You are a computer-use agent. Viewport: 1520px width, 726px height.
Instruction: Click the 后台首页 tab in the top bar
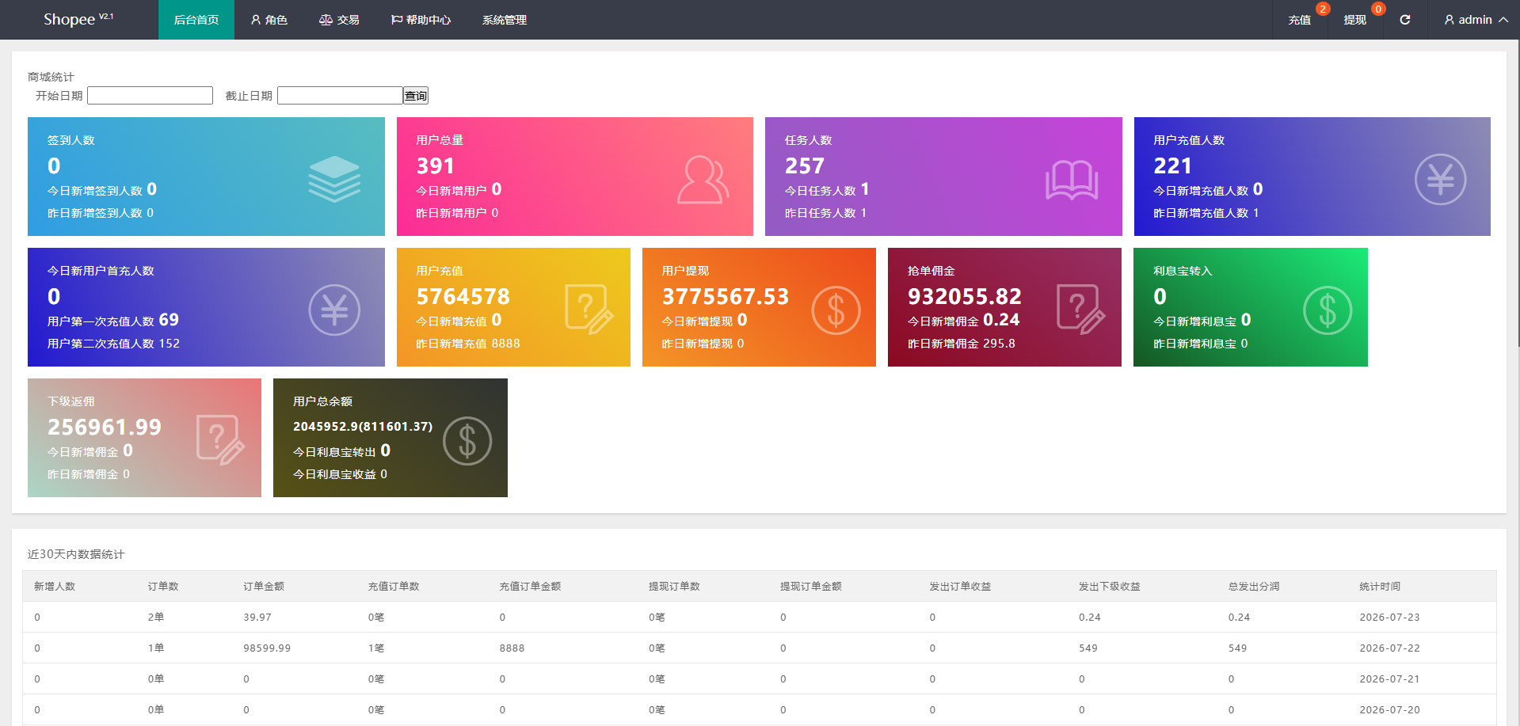click(x=196, y=20)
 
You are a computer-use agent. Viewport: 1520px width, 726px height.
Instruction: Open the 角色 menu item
click(x=269, y=20)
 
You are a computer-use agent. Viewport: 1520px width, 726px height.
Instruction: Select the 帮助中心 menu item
click(x=421, y=20)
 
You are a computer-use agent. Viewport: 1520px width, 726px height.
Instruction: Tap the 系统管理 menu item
click(x=505, y=20)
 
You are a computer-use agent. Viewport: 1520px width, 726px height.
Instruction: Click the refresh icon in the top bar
click(x=1404, y=20)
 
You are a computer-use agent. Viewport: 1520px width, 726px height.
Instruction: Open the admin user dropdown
click(x=1476, y=20)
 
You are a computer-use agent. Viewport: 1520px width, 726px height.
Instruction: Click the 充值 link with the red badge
click(x=1300, y=20)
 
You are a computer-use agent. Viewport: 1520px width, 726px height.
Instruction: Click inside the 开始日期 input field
click(x=150, y=96)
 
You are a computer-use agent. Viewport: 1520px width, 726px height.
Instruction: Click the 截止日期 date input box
click(x=340, y=96)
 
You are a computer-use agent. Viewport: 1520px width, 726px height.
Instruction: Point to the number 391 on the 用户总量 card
click(x=436, y=166)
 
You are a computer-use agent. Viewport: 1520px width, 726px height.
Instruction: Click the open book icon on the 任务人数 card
click(x=1072, y=180)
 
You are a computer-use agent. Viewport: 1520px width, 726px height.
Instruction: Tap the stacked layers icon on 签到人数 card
click(x=334, y=179)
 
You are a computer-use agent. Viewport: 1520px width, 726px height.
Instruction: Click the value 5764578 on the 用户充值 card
click(x=463, y=297)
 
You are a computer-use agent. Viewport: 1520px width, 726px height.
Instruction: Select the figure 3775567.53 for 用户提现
click(x=726, y=297)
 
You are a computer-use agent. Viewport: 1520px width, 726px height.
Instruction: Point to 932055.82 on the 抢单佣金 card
click(x=965, y=297)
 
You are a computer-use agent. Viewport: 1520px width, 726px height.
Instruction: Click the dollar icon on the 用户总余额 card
click(x=467, y=441)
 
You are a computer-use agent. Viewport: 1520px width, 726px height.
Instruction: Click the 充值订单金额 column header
click(x=530, y=587)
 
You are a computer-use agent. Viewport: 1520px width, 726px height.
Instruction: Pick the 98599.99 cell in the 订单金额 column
click(x=267, y=648)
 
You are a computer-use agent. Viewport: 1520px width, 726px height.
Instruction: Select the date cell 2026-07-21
click(x=1389, y=679)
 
